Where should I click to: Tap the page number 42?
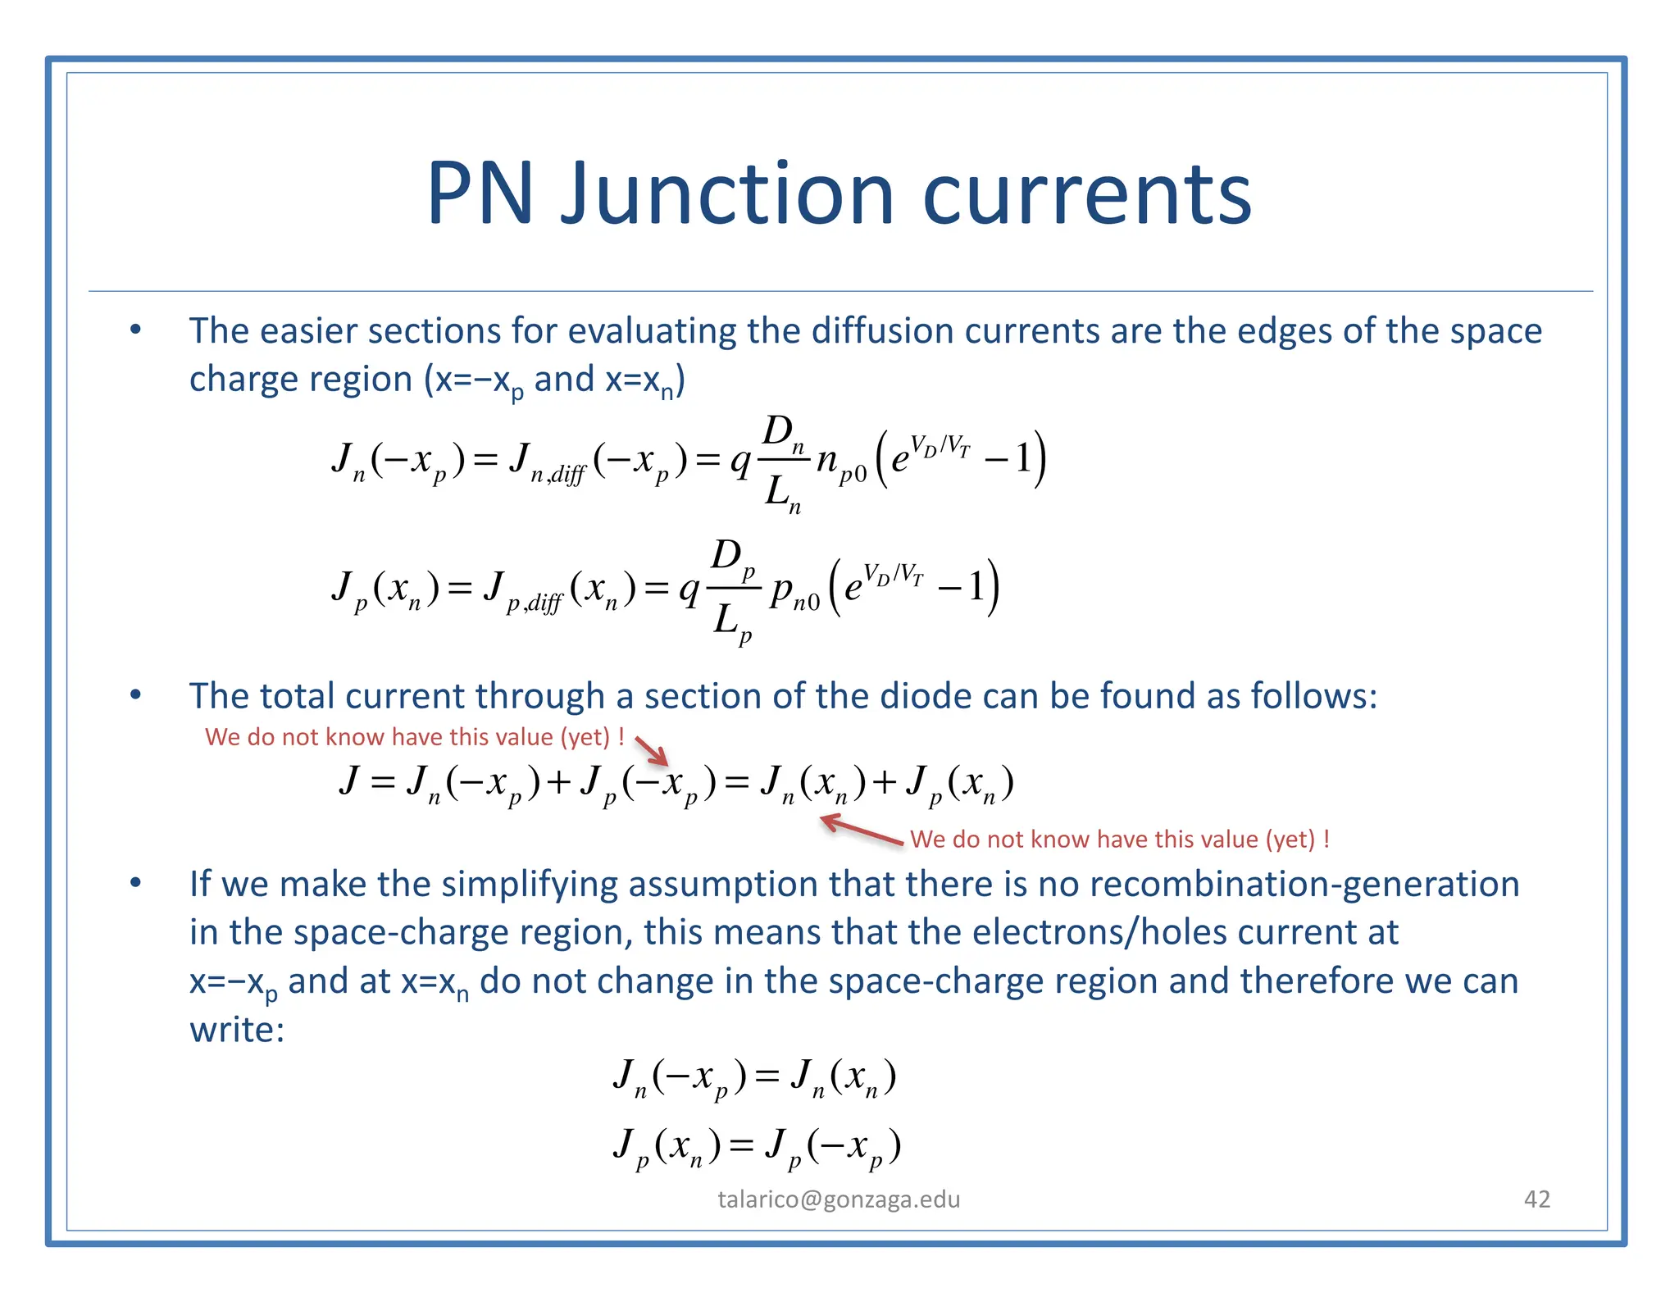coord(1536,1199)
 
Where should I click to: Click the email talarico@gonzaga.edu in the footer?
coord(839,1199)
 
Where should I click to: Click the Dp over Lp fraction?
coord(733,590)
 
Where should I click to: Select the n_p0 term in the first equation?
coord(840,463)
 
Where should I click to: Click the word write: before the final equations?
coord(237,1030)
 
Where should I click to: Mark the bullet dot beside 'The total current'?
coord(136,695)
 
